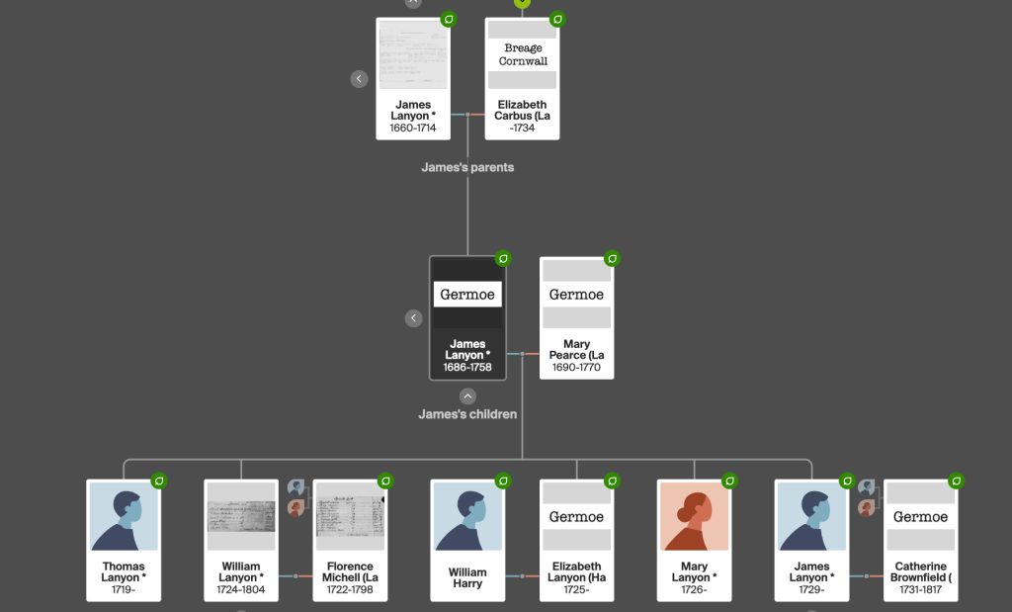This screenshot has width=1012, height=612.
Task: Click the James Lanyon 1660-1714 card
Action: coord(413,79)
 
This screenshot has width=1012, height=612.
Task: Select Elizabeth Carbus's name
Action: coord(522,110)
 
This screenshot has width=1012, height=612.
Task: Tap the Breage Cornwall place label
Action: coord(523,54)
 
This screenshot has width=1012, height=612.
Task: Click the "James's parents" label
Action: coord(467,167)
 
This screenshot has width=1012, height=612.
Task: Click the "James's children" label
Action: coord(467,414)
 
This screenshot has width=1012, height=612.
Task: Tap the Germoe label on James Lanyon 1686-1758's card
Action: coord(467,295)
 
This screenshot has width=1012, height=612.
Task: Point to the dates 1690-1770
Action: coord(576,368)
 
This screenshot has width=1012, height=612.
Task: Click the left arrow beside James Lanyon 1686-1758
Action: coord(414,318)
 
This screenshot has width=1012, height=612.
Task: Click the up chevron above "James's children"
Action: coord(467,396)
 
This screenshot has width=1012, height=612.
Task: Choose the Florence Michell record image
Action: coord(350,516)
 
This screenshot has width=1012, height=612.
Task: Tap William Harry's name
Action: coord(467,577)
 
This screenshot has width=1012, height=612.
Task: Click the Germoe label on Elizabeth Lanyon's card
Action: coord(576,517)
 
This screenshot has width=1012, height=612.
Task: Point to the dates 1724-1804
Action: coord(240,590)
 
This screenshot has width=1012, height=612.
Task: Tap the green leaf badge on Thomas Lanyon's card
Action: coord(158,481)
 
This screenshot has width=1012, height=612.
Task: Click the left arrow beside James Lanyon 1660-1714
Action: coord(360,78)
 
